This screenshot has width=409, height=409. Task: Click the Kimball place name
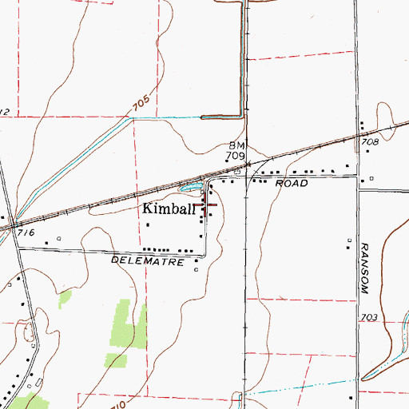click(x=169, y=209)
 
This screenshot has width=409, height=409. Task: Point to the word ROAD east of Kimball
click(x=292, y=184)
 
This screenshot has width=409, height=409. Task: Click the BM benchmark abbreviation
click(x=236, y=146)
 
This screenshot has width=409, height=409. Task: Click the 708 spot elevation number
click(x=368, y=141)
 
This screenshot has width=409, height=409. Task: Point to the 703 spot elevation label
click(x=368, y=317)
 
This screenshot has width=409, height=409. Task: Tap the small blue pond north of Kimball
click(x=191, y=189)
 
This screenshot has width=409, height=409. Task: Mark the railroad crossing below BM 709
click(x=247, y=165)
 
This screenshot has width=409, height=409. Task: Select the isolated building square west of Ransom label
click(x=350, y=240)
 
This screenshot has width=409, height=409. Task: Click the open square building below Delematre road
click(x=197, y=270)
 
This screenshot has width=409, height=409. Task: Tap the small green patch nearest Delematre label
click(x=64, y=299)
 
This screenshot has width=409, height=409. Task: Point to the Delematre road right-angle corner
click(x=204, y=256)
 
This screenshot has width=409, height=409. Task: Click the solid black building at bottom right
click(x=351, y=396)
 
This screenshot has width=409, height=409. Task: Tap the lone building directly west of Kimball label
click(x=148, y=225)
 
